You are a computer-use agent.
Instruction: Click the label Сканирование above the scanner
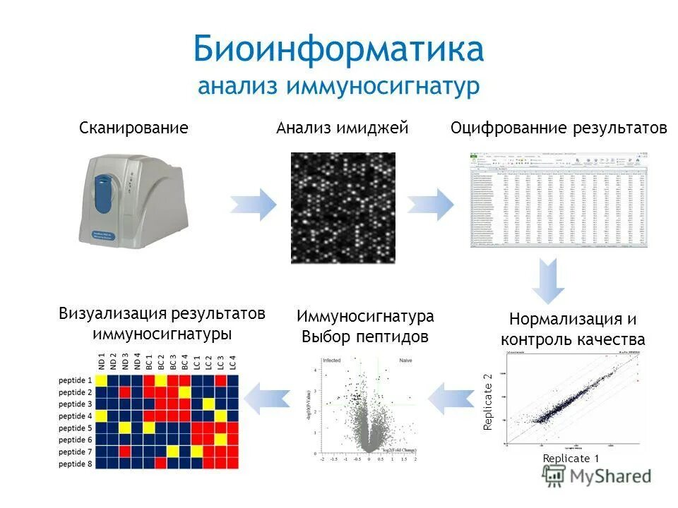coord(133,128)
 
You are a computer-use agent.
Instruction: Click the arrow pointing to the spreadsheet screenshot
coord(430,205)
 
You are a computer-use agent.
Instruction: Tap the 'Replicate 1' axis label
coord(571,459)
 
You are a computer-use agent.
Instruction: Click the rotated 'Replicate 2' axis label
coord(487,402)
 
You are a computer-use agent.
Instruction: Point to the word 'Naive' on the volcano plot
coord(406,361)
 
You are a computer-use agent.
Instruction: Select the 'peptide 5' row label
coord(76,428)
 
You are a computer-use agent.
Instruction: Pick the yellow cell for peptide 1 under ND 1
coord(101,380)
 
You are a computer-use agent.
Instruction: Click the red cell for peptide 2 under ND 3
coord(125,392)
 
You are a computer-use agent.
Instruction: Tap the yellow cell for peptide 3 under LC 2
coord(209,404)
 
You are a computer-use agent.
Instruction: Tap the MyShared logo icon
coord(555,476)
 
